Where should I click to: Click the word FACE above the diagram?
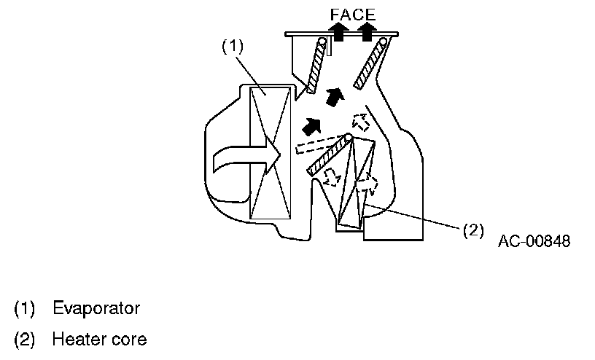point(353,14)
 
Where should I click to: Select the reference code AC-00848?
point(534,241)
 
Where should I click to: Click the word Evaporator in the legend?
point(96,308)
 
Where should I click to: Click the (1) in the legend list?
point(25,308)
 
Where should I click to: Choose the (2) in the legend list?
point(25,340)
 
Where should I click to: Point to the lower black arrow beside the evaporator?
point(311,125)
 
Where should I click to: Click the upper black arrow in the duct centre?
point(335,96)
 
